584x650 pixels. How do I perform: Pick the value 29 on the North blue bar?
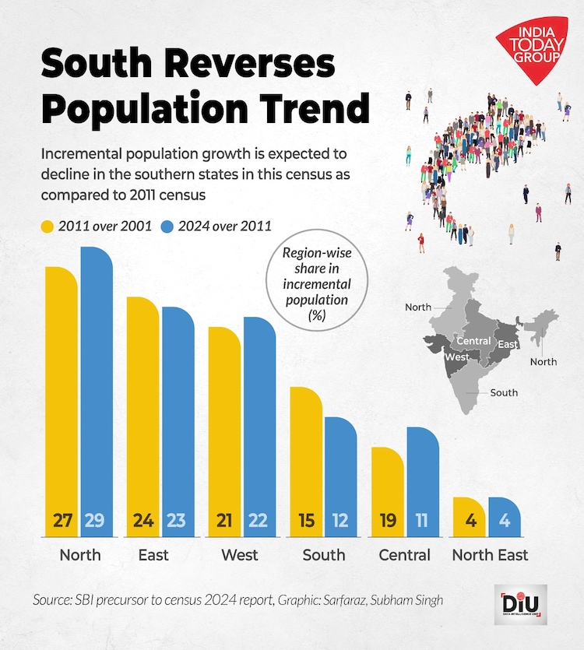click(x=97, y=521)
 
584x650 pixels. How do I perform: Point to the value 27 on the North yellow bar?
click(x=62, y=521)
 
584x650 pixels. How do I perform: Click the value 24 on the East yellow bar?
click(x=143, y=521)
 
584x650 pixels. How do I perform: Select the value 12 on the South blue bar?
click(x=340, y=521)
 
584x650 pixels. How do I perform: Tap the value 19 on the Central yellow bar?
click(x=388, y=521)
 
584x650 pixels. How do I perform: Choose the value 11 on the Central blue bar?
click(x=421, y=521)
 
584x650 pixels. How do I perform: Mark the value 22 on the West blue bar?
click(x=259, y=521)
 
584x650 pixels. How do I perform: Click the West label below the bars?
click(x=240, y=555)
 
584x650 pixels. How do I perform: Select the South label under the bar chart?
click(x=323, y=555)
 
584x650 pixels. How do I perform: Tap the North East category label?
click(x=490, y=555)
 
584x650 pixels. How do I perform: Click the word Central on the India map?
click(x=473, y=341)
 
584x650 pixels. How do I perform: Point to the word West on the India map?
click(x=456, y=357)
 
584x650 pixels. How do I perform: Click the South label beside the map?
click(x=504, y=392)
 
